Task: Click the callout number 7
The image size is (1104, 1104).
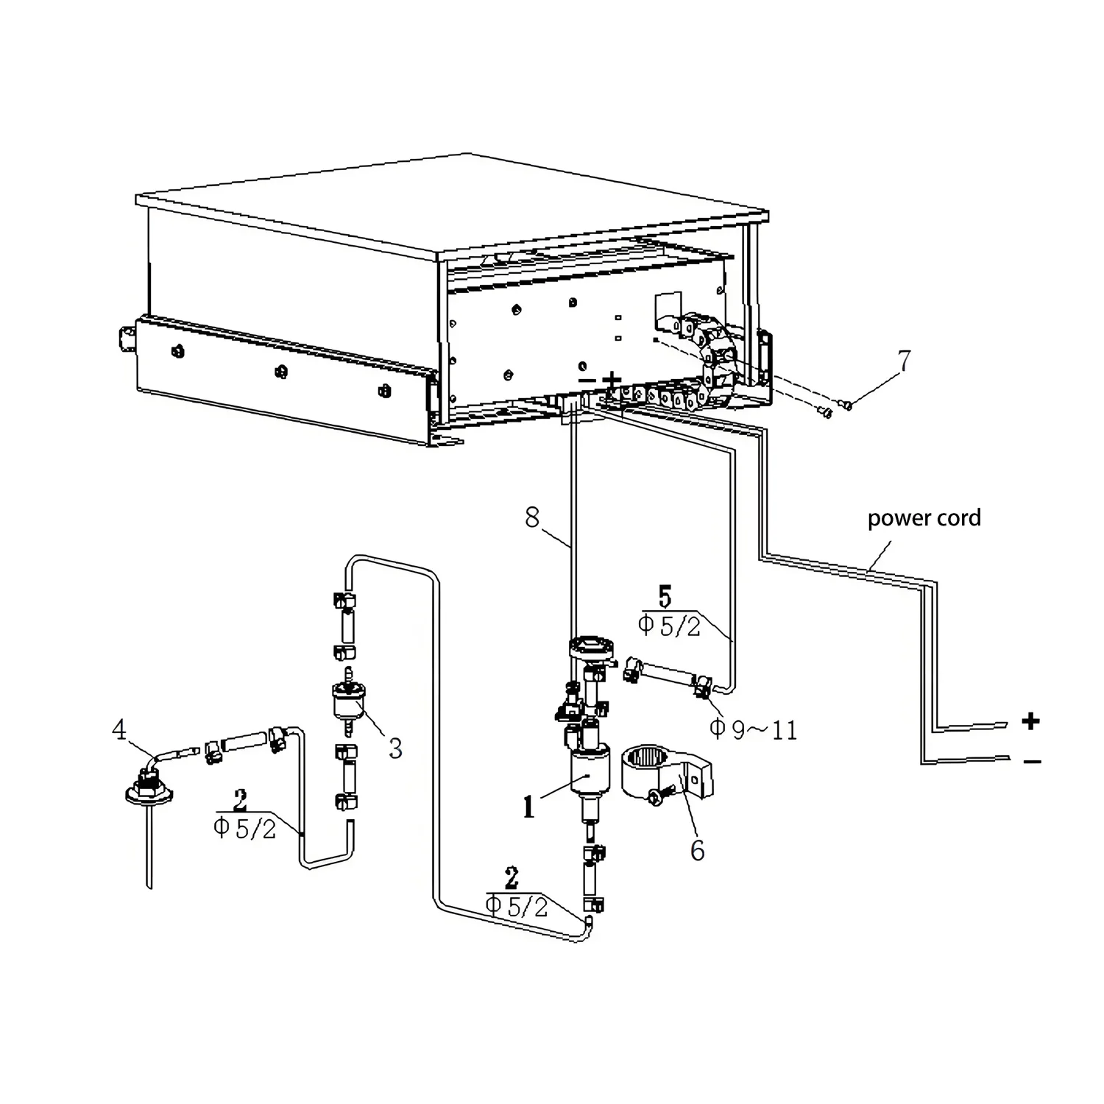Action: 904,361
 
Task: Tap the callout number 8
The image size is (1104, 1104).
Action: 532,517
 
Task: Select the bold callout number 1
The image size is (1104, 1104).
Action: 528,807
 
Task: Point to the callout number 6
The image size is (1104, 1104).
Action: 697,850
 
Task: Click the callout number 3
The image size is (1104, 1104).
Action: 395,748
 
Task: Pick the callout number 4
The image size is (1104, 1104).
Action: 119,730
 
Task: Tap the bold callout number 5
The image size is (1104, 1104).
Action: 665,597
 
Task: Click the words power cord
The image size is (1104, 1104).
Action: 924,518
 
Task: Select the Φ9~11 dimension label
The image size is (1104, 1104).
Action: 753,729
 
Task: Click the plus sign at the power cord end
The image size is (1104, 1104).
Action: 1031,721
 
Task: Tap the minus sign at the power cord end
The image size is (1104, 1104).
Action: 1032,762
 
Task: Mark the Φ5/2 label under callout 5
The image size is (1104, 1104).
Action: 669,626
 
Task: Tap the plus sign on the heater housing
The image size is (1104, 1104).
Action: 612,380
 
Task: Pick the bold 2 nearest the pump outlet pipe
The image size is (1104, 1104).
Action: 512,879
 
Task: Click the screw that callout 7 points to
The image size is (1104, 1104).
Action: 847,404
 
